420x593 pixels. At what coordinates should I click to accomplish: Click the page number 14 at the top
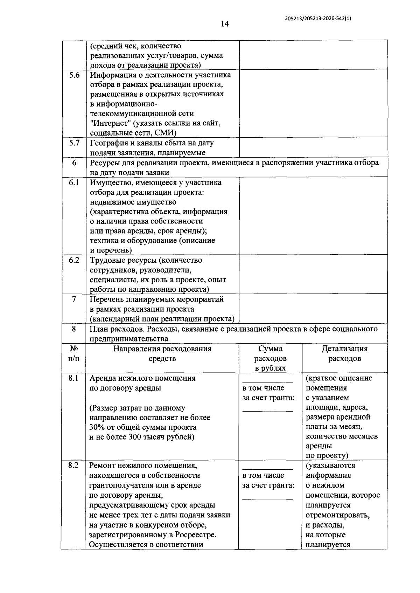click(224, 24)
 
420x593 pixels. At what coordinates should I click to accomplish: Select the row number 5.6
click(74, 75)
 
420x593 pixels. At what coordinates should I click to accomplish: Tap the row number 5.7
click(74, 143)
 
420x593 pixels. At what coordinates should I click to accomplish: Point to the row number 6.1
click(74, 182)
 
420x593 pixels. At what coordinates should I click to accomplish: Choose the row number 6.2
click(74, 260)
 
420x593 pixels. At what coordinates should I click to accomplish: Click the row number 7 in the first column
click(74, 299)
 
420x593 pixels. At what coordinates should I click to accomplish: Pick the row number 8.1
click(73, 378)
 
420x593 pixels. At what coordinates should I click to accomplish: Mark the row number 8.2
click(73, 466)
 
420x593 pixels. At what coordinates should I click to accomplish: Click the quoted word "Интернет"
click(110, 123)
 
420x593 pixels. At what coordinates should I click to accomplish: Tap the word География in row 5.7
click(107, 143)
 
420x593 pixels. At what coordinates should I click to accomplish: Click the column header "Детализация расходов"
click(344, 353)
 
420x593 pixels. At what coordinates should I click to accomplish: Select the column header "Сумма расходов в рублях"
click(270, 358)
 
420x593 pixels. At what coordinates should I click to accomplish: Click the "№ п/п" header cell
click(73, 353)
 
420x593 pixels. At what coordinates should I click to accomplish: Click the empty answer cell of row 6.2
click(313, 274)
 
